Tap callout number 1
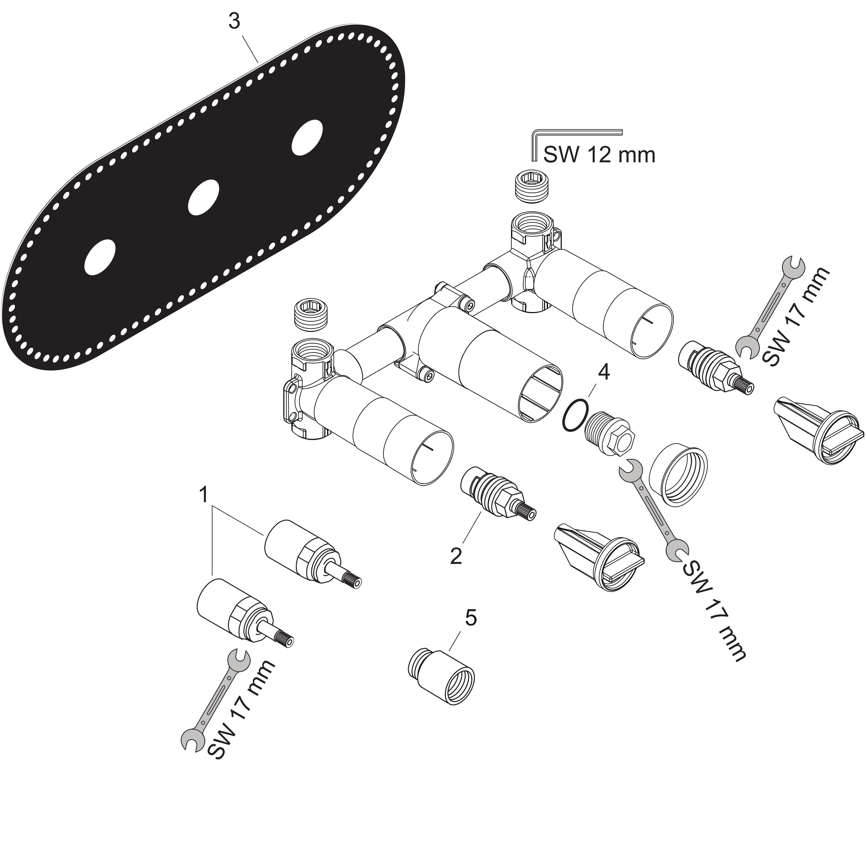tap(204, 495)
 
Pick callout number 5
tap(471, 618)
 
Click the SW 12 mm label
tap(599, 155)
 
